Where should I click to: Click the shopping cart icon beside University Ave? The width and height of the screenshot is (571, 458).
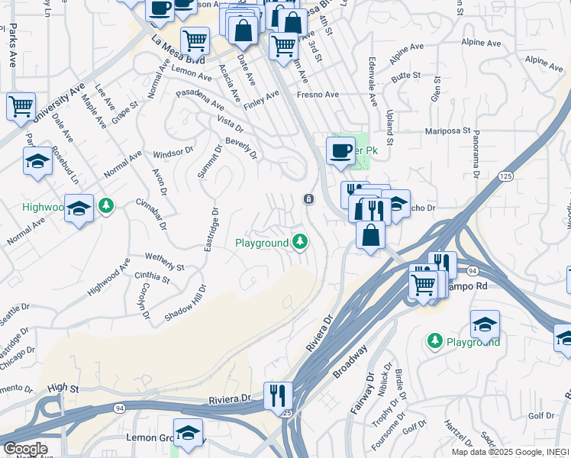(21, 106)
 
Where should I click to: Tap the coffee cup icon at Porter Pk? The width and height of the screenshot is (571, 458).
(340, 150)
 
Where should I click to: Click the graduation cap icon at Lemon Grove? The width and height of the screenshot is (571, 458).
(188, 433)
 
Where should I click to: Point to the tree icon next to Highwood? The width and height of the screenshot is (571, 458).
(105, 205)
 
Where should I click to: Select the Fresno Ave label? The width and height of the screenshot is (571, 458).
(318, 95)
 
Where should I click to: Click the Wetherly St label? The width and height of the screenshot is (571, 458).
(163, 262)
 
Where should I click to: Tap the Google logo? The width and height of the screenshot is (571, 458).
(24, 449)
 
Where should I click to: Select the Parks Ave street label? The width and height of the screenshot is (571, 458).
(13, 45)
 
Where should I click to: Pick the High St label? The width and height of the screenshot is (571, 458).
(63, 389)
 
